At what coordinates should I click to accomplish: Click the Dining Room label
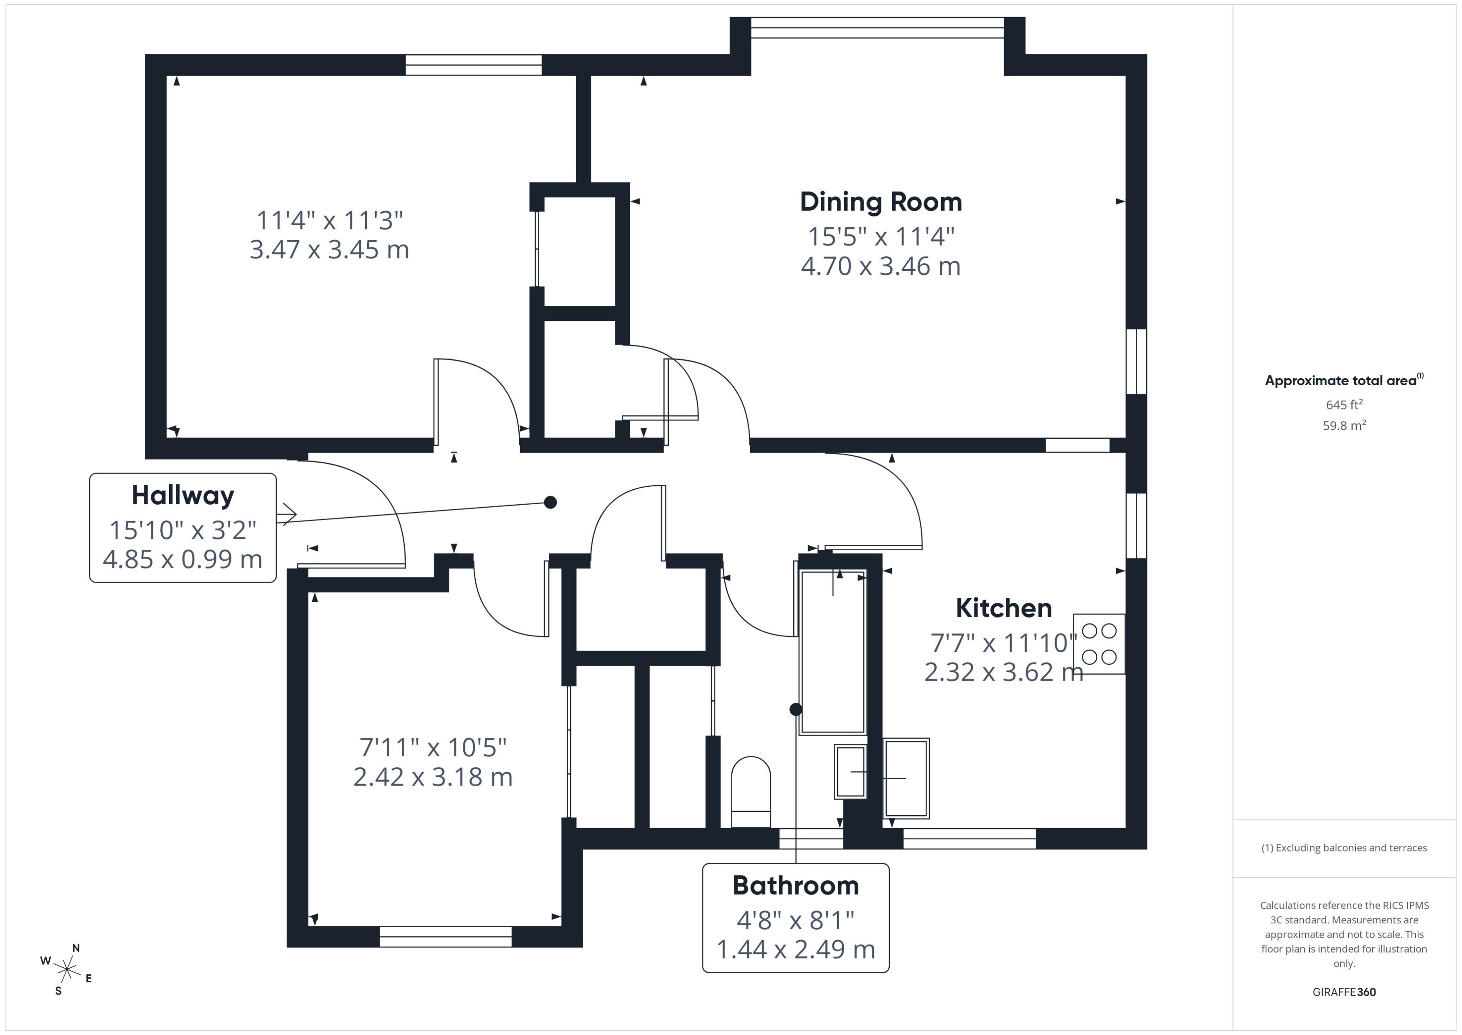point(881,202)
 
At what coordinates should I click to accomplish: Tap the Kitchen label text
point(1003,608)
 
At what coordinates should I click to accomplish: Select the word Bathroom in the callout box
point(795,885)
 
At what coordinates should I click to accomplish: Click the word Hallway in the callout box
point(183,495)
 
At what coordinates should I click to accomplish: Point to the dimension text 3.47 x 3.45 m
point(329,249)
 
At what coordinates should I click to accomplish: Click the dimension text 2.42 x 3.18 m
point(433,777)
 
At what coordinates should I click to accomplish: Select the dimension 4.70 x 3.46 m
point(881,266)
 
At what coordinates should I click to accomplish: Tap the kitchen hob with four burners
point(1099,643)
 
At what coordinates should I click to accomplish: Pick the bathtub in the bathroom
point(832,652)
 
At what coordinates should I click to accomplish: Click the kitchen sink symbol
point(906,778)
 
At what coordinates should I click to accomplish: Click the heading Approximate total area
point(1341,381)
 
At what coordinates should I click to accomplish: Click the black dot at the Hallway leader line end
point(551,502)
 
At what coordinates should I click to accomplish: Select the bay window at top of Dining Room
point(877,23)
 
